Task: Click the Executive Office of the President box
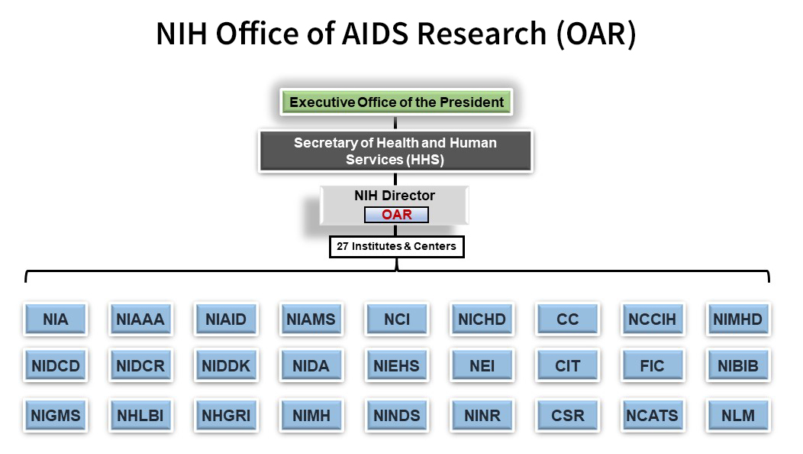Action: coord(396,102)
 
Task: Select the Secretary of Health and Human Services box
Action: coord(395,151)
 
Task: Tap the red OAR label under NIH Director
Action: coord(396,215)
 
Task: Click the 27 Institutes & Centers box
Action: coord(396,247)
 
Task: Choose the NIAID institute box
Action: coord(226,319)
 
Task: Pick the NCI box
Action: coord(397,319)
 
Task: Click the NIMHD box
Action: coord(737,319)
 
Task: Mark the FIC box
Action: coord(652,366)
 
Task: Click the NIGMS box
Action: coord(56,417)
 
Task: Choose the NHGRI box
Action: coord(226,417)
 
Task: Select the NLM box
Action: coord(737,417)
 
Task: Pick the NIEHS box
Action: coord(397,366)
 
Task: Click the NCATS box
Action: coord(652,417)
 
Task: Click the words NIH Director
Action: coord(395,196)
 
